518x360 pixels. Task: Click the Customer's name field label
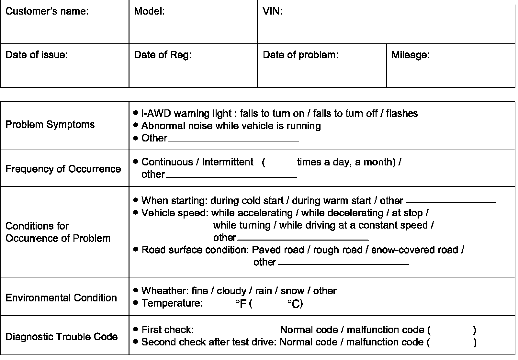point(47,11)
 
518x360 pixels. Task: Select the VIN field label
point(272,11)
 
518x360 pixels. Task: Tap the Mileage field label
point(410,55)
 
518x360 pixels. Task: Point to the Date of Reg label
point(163,55)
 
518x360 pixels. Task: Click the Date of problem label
point(300,55)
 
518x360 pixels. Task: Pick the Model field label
point(149,11)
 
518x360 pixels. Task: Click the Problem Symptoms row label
point(50,125)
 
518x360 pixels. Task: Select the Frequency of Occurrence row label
point(63,169)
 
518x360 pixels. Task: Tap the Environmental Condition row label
point(61,298)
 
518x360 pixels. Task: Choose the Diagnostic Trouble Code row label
point(62,337)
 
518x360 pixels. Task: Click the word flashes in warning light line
point(402,113)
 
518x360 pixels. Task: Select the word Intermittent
point(228,162)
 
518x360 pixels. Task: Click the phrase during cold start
point(247,201)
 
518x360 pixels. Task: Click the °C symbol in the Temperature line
point(295,304)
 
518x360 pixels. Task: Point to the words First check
point(167,330)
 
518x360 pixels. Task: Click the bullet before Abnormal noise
point(136,125)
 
